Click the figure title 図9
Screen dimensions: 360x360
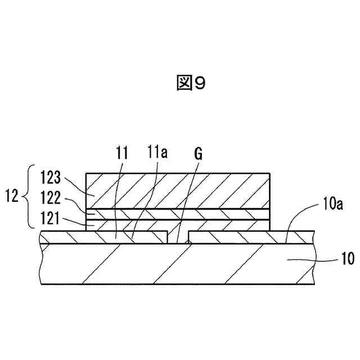coord(190,84)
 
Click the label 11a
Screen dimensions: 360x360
coord(157,154)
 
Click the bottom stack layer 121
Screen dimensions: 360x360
coord(225,224)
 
